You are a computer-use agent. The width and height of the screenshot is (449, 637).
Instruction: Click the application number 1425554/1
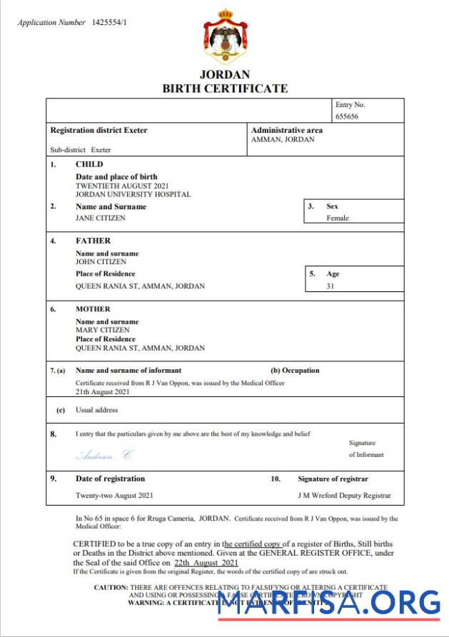(111, 23)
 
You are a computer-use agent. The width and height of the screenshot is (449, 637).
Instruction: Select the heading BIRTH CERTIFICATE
(225, 89)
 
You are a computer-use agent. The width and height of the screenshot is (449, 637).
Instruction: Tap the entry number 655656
(348, 116)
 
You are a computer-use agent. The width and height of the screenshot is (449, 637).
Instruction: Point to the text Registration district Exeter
(99, 131)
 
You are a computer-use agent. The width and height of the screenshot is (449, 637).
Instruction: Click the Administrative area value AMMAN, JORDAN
(283, 140)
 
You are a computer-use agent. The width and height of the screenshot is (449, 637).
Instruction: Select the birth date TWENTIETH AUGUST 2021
(122, 186)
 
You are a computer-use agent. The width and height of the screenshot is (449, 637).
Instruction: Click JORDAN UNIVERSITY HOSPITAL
(133, 194)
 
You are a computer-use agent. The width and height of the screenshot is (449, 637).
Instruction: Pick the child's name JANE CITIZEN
(100, 219)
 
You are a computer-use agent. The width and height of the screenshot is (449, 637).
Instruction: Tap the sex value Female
(338, 219)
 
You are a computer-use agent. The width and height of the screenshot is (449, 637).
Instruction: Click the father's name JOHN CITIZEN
(101, 262)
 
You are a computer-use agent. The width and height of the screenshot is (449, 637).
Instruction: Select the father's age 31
(331, 286)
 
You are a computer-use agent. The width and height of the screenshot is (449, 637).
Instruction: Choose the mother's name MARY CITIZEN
(103, 331)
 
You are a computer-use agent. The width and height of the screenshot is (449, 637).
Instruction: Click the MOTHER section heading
(93, 309)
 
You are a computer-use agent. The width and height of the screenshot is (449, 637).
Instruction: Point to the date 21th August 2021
(103, 392)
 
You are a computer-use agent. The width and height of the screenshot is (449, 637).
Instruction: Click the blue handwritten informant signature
(104, 455)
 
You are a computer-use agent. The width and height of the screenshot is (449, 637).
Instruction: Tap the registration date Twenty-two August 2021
(113, 496)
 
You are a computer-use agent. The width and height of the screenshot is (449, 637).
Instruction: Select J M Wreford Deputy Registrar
(344, 496)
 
